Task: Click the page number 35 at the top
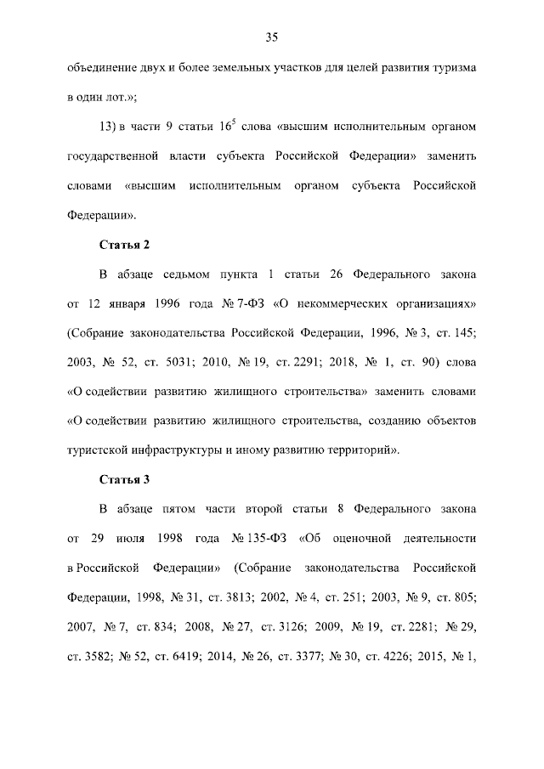coord(272,37)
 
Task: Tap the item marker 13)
coord(108,127)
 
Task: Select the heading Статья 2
coord(124,246)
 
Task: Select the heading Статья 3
coord(124,479)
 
